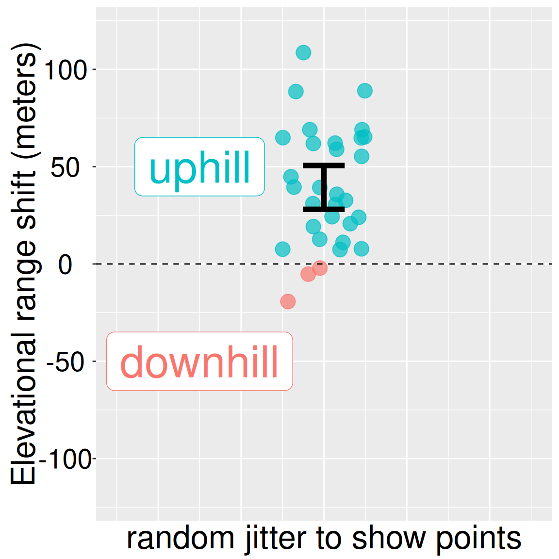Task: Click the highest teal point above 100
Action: [x=303, y=52]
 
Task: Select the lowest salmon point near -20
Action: [x=288, y=301]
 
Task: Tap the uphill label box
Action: [x=199, y=167]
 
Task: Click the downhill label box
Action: [x=199, y=362]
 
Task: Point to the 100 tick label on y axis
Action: [x=65, y=70]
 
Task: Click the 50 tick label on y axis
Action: [x=65, y=167]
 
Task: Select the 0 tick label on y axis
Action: [x=65, y=265]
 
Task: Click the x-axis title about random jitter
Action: [x=324, y=539]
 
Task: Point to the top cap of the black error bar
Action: [x=324, y=165]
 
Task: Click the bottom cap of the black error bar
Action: [x=324, y=209]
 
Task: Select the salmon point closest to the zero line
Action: [x=320, y=267]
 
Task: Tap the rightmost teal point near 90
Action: [x=365, y=91]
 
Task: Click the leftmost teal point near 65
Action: [x=283, y=138]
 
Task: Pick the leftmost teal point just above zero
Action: [x=282, y=249]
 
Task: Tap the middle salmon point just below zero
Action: [x=308, y=274]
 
